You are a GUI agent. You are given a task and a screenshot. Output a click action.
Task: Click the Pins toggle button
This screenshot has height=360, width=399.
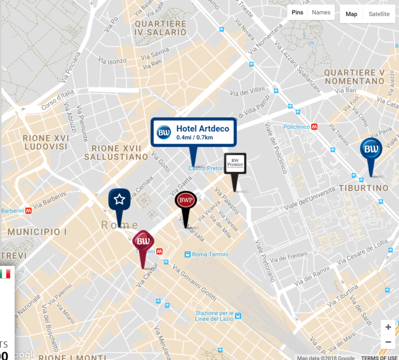[x=298, y=12]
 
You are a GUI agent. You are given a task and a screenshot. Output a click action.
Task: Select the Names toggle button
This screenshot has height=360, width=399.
[x=321, y=12]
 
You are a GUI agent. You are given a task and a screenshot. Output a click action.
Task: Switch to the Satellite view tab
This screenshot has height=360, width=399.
[x=379, y=14]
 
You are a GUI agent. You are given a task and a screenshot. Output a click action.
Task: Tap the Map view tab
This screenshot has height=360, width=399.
[x=352, y=14]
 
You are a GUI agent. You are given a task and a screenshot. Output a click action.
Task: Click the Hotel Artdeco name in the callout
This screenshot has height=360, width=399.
[x=202, y=128]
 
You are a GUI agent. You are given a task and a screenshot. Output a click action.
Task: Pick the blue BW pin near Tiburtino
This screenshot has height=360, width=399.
[x=371, y=150]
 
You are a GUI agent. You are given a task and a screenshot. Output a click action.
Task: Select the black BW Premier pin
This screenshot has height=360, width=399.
[x=235, y=165]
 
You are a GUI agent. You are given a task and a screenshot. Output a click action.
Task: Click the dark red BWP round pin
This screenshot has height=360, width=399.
[x=185, y=201]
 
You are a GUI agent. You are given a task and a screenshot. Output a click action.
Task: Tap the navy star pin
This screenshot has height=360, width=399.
[x=119, y=199]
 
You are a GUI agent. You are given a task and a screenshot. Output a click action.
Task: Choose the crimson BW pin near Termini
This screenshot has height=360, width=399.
[x=143, y=241]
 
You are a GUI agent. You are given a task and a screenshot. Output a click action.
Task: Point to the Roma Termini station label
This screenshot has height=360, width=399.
[x=210, y=254]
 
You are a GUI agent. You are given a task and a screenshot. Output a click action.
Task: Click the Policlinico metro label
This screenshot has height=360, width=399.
[x=297, y=126]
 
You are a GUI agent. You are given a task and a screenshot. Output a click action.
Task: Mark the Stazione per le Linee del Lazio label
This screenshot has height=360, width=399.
[x=214, y=316]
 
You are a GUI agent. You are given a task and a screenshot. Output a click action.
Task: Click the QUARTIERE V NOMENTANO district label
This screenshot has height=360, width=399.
[x=354, y=77]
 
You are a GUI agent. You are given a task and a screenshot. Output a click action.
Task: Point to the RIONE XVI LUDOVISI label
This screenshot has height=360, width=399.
[x=45, y=142]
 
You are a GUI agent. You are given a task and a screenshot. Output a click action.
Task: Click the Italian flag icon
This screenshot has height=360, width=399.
[x=5, y=274]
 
